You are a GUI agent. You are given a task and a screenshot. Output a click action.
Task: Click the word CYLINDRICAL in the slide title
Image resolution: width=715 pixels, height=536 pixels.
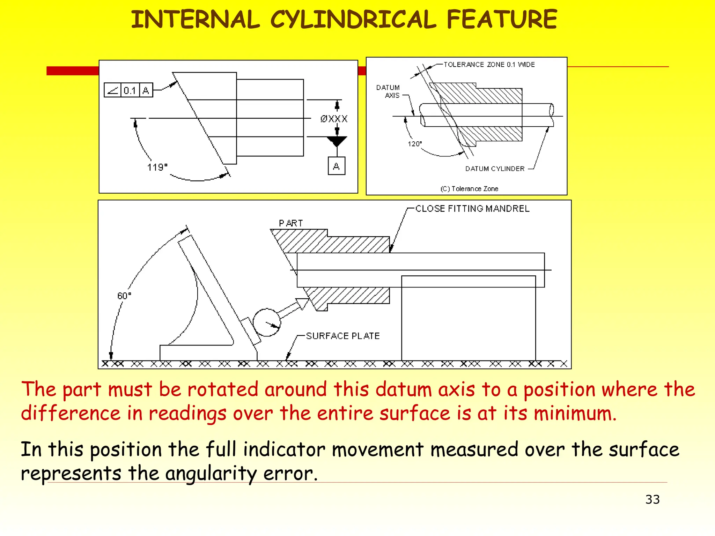[353, 20]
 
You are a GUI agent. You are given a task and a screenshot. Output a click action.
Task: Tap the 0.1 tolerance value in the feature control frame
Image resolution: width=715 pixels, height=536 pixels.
[130, 90]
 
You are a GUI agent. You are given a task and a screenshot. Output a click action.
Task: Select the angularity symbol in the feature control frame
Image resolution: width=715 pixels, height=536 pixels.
[112, 90]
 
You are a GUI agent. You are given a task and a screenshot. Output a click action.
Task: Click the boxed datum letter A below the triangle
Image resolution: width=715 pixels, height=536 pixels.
[337, 166]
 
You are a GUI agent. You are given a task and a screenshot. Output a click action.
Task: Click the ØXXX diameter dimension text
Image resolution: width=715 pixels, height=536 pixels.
[334, 119]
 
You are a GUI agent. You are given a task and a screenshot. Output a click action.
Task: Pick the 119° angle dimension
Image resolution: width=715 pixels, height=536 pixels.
[157, 167]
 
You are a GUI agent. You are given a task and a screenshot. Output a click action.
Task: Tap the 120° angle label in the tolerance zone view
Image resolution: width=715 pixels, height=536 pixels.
[415, 144]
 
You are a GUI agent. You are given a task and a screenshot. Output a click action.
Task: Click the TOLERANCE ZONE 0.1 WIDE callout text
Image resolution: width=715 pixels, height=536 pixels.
[489, 65]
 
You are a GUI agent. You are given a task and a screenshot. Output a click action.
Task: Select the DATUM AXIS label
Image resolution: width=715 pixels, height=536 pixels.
[388, 91]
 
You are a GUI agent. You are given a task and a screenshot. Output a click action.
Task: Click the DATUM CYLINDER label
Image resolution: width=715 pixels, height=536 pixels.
[495, 169]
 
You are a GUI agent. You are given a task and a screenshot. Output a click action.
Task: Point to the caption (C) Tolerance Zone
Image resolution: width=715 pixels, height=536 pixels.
[469, 189]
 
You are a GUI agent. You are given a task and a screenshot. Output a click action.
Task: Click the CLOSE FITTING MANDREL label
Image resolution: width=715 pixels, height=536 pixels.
[472, 209]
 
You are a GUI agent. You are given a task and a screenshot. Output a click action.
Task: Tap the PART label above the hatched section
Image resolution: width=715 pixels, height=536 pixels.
[291, 223]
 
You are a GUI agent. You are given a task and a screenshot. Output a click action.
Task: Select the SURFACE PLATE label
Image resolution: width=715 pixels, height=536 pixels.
[343, 336]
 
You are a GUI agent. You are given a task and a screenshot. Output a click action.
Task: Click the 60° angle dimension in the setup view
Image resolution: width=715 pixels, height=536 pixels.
[124, 296]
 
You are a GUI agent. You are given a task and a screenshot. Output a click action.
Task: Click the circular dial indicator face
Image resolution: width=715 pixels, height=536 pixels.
[267, 322]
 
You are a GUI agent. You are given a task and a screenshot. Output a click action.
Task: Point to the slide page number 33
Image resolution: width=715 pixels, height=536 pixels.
[652, 499]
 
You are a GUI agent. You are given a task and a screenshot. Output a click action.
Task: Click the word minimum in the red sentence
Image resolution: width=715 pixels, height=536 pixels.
[575, 414]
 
